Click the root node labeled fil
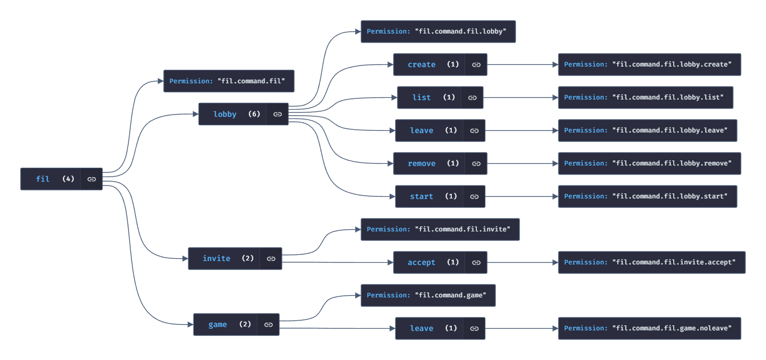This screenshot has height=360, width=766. coord(43,179)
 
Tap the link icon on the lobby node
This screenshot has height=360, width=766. coord(277,114)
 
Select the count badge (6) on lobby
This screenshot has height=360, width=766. coord(254,114)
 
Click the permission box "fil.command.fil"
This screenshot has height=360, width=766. coord(228,81)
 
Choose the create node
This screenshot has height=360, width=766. coord(422,64)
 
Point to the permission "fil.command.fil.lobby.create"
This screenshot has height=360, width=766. coord(649,64)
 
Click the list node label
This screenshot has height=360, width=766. coord(422,97)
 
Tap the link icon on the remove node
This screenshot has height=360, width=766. coord(476,163)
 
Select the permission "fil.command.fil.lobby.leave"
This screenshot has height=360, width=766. coord(647,130)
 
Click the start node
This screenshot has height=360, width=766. coord(422,196)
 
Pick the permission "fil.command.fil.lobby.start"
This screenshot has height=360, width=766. coord(647,196)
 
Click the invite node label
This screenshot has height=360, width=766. coord(216,258)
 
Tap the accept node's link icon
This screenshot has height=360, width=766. coord(476,262)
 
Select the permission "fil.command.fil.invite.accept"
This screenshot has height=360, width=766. coord(651,262)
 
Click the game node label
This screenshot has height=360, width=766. coord(217,324)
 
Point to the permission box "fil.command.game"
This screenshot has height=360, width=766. coord(428,295)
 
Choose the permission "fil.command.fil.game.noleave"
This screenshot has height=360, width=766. coord(649,328)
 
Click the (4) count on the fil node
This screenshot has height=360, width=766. coord(68,179)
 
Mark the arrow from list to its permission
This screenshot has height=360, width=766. coord(520,97)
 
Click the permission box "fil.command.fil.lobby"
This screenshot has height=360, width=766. coord(438,31)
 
